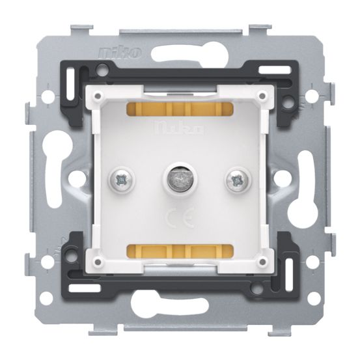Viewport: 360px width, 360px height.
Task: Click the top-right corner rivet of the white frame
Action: point(260,96)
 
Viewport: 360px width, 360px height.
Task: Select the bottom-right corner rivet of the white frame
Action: point(260,261)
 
